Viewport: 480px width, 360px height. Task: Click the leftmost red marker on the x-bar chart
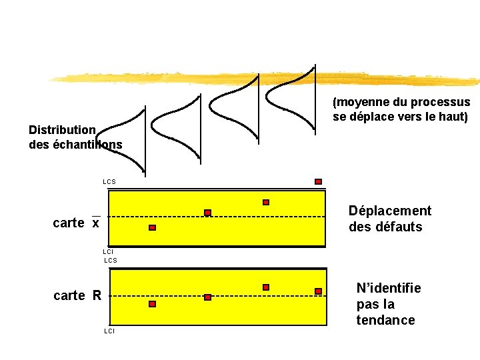click(x=152, y=228)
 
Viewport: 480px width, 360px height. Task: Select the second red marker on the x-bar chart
click(x=207, y=213)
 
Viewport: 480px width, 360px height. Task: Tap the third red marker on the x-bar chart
click(x=266, y=202)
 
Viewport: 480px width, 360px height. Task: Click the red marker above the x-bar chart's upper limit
click(x=318, y=181)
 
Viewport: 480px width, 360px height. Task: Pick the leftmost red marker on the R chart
click(x=152, y=304)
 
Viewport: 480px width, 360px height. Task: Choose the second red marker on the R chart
click(x=207, y=297)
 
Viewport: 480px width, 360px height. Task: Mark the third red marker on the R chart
click(x=266, y=287)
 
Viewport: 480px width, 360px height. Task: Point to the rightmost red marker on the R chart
click(x=318, y=291)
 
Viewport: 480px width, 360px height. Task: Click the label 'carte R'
click(x=77, y=295)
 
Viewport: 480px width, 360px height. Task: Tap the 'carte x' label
click(x=76, y=223)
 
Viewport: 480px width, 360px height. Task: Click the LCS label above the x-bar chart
click(x=109, y=181)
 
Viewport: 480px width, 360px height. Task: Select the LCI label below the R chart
click(x=109, y=331)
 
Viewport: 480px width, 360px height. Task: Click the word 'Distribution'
click(x=63, y=129)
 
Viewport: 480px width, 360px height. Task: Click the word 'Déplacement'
click(x=390, y=211)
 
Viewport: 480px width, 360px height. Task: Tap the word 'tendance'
click(x=385, y=320)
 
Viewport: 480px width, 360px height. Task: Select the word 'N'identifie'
click(x=389, y=289)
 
